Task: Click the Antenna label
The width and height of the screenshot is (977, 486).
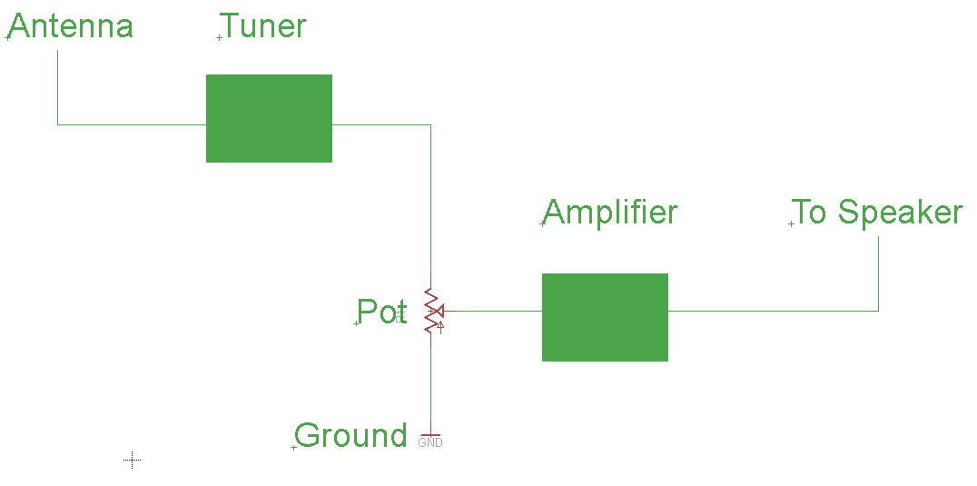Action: point(71,26)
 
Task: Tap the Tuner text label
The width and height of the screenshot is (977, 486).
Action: point(263,26)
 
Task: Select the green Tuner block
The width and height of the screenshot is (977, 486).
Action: point(269,118)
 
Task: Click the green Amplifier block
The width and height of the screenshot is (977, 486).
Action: point(605,317)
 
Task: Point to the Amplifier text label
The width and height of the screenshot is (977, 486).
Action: point(610,213)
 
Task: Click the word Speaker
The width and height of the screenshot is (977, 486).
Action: point(899,213)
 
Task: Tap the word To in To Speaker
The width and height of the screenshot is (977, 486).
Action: point(811,213)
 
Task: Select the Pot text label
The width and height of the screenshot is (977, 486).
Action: point(380,312)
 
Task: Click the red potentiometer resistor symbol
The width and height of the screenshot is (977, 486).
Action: point(430,312)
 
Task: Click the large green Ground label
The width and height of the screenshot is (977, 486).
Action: point(351,436)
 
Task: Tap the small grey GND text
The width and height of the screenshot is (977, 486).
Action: point(430,443)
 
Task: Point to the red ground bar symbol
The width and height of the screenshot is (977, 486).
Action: point(430,434)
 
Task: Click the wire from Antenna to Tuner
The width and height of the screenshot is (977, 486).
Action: point(132,124)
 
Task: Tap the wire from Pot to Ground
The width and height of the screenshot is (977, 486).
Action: point(430,382)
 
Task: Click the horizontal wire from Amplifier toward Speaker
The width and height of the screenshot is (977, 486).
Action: point(772,311)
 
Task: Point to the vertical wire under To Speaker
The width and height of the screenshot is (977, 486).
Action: point(878,273)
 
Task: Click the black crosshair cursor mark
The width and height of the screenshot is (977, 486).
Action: point(133,461)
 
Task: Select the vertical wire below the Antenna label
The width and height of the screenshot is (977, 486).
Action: point(57,86)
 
